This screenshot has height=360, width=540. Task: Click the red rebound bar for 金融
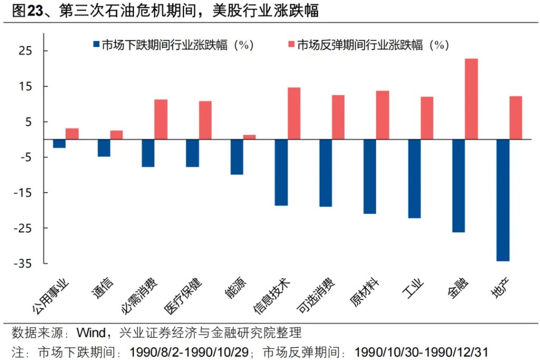(x=471, y=99)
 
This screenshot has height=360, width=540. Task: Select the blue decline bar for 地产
(x=503, y=200)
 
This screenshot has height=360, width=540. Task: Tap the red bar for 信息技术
(x=294, y=113)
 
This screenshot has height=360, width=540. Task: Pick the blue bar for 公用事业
(x=59, y=144)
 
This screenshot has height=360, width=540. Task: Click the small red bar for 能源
(x=249, y=137)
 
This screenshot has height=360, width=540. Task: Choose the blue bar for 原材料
(x=370, y=177)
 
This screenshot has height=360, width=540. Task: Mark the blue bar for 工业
(x=414, y=179)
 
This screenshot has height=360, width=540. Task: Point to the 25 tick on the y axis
(x=25, y=51)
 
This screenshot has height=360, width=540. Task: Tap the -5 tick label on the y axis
(x=25, y=158)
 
